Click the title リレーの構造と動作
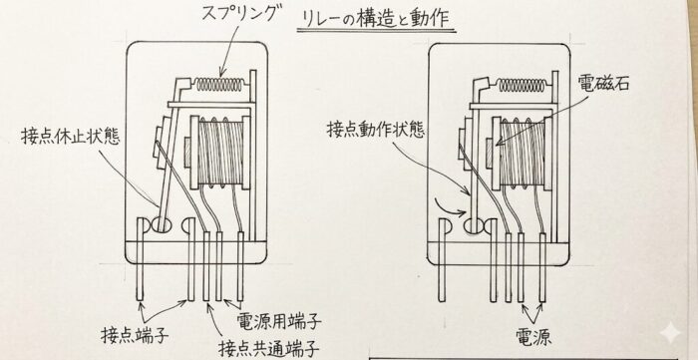[x=376, y=20]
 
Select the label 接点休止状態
[x=71, y=137]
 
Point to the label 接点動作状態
[x=376, y=129]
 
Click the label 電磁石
[x=603, y=83]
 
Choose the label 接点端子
[x=136, y=335]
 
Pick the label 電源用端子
[x=278, y=321]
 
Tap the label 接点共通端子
[x=269, y=348]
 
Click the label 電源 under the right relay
[x=533, y=337]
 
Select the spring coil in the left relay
[x=220, y=85]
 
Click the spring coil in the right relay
[x=521, y=85]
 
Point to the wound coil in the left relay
[x=220, y=153]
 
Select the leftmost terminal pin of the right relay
[x=442, y=260]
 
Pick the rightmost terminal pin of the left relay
[x=241, y=266]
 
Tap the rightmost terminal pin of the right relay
[x=542, y=267]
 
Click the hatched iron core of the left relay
[x=187, y=153]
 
